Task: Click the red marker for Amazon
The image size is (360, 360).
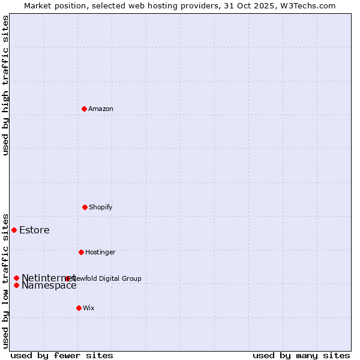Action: tap(84, 109)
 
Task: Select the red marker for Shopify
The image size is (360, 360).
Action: tap(85, 207)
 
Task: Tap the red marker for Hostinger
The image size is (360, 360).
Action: tap(81, 252)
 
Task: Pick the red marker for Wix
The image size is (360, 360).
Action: tap(79, 308)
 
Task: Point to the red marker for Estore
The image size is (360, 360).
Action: tap(14, 230)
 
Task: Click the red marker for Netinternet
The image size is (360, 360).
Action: tap(16, 278)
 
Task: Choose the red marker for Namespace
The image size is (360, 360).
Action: tap(16, 285)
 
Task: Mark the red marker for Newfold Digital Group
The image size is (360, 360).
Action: tap(67, 278)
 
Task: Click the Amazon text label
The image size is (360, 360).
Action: tap(101, 109)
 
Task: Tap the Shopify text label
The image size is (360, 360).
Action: tap(101, 207)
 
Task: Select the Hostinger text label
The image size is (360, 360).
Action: tap(100, 252)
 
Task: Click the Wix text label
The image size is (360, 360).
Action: tap(89, 308)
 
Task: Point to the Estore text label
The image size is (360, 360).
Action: tap(34, 230)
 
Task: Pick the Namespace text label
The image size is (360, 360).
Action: tap(49, 286)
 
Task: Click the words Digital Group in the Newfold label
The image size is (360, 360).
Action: tap(121, 278)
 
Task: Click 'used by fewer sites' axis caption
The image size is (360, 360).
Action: tap(62, 355)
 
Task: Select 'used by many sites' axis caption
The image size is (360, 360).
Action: tap(301, 355)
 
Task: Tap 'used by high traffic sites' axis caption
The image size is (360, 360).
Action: tap(5, 85)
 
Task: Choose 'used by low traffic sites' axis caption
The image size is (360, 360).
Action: tap(5, 280)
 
